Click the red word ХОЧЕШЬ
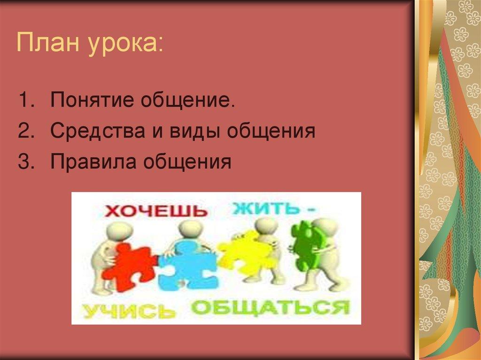click(155, 210)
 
